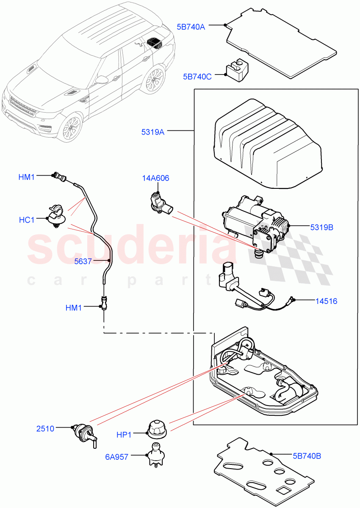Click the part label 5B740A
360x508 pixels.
(x=191, y=27)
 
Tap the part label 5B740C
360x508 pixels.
(x=197, y=77)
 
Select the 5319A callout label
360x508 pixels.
(x=153, y=132)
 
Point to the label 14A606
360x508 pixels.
(x=155, y=178)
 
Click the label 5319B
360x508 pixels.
(x=321, y=227)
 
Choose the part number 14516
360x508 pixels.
(x=326, y=301)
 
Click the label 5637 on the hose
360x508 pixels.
(x=83, y=261)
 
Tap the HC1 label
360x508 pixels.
(x=27, y=220)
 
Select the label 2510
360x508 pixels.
(x=45, y=428)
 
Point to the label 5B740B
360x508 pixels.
(x=307, y=456)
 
